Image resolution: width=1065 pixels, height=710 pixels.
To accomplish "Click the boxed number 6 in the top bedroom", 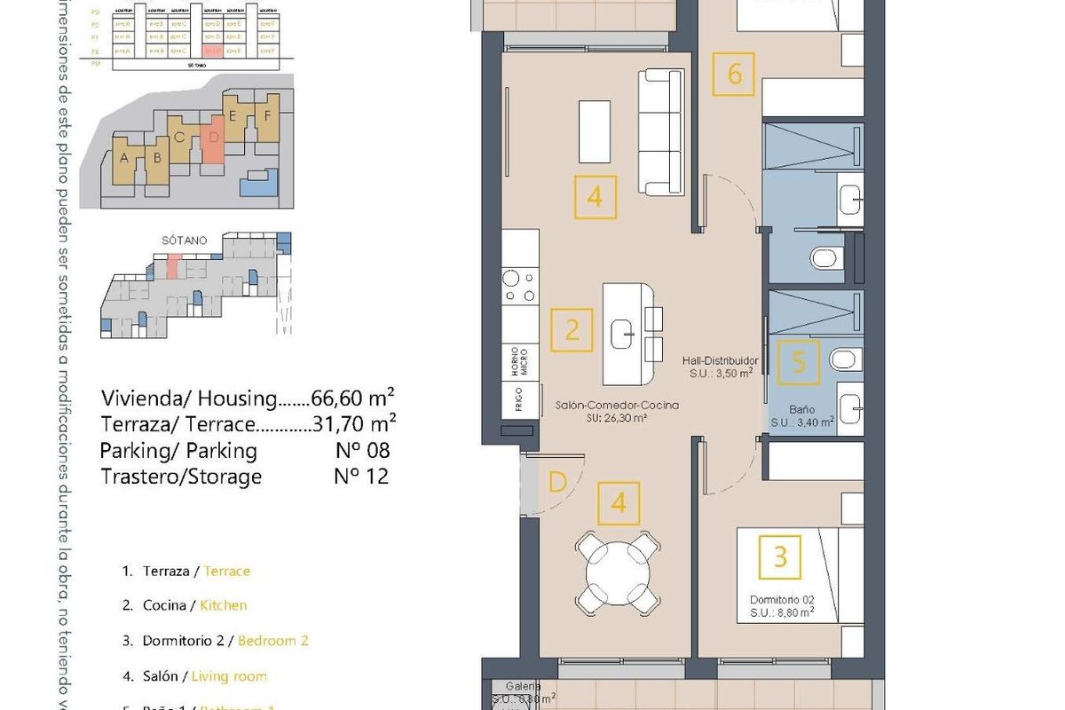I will pos(734,75).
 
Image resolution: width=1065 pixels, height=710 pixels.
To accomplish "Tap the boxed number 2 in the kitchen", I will pos(572,331).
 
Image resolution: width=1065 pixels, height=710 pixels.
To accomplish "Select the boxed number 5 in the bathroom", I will pos(798,362).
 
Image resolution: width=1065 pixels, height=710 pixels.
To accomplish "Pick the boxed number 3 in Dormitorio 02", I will pos(780,556).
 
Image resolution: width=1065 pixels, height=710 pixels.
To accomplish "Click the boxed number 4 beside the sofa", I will pos(595,197).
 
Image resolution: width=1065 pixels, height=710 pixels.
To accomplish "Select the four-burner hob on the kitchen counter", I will pos(519,287).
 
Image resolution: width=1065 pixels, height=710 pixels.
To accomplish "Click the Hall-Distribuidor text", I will pos(720,361).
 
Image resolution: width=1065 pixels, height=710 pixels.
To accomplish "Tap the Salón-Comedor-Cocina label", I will pos(617,405).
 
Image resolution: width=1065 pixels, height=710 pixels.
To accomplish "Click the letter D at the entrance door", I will pos(557,483).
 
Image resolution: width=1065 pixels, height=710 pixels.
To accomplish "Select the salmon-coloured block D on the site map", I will pos(213,140).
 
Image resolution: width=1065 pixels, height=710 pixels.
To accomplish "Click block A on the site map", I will pos(124,159).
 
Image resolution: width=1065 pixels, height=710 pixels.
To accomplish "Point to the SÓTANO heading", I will pos(185,241).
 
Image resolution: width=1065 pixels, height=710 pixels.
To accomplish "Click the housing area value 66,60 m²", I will pos(355,397).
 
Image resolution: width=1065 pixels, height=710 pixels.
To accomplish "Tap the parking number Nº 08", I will pos(362,450).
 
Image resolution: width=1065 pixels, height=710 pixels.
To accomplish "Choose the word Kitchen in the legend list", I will pos(223,605).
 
